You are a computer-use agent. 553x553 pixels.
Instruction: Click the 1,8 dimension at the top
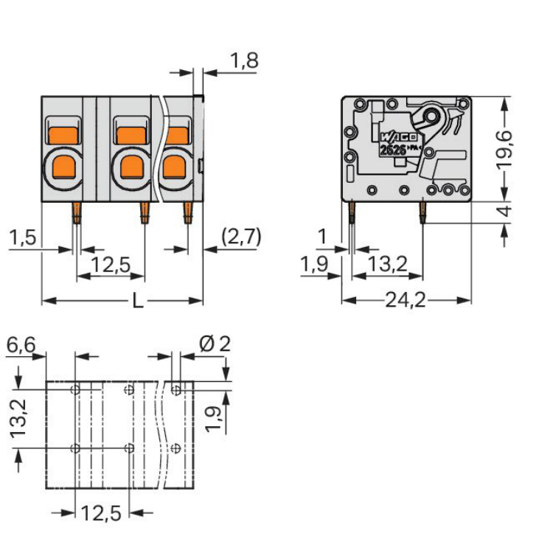pyautogui.click(x=244, y=61)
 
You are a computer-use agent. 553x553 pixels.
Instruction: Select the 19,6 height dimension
pyautogui.click(x=505, y=149)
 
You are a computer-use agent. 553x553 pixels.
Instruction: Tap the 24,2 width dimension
pyautogui.click(x=406, y=301)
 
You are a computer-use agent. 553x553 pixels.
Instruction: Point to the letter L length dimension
pyautogui.click(x=137, y=301)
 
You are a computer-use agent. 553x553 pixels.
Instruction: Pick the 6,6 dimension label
pyautogui.click(x=21, y=345)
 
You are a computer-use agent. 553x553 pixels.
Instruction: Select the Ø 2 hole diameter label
pyautogui.click(x=215, y=344)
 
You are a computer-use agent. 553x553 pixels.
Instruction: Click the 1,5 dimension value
pyautogui.click(x=21, y=238)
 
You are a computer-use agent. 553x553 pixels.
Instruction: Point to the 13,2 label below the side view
pyautogui.click(x=388, y=263)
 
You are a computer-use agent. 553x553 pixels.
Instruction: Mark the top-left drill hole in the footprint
pyautogui.click(x=75, y=389)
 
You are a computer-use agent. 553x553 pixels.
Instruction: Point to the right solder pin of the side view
pyautogui.click(x=422, y=213)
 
